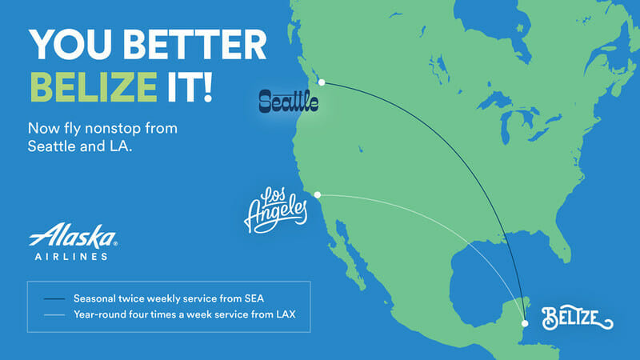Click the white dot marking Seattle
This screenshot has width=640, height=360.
[322, 82]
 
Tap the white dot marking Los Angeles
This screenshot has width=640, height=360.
[317, 195]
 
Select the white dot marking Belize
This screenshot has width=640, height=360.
[525, 323]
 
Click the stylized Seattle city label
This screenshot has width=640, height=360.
[289, 102]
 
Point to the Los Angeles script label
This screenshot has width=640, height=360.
[276, 210]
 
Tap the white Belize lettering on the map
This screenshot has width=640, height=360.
[577, 318]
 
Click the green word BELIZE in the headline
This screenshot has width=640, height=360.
[94, 86]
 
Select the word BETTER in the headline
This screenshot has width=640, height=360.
[194, 45]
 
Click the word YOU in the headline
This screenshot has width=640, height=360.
[70, 45]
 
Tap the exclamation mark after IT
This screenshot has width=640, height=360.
[208, 86]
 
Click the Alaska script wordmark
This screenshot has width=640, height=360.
[73, 235]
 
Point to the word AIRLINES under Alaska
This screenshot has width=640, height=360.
[71, 257]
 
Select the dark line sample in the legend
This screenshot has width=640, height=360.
[54, 299]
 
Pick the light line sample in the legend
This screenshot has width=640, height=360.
[54, 315]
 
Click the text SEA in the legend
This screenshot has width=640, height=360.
[254, 298]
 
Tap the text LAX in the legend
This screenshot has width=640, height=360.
[286, 314]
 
